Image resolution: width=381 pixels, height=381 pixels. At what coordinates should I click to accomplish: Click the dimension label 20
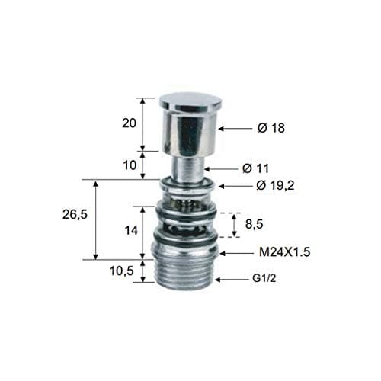point(130,123)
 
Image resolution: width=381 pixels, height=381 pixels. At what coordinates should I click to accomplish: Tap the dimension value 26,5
point(75,215)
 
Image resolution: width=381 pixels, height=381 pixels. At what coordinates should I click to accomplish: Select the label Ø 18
point(271,128)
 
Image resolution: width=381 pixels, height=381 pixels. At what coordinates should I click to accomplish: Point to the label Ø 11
point(255,168)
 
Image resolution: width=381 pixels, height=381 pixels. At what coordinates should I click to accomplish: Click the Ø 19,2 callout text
point(275,186)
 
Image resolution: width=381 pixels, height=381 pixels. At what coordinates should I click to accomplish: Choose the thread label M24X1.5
point(285,252)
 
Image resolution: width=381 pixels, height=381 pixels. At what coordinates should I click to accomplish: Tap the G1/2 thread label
point(264,279)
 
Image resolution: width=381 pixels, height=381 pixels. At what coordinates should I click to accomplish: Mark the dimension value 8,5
point(254,224)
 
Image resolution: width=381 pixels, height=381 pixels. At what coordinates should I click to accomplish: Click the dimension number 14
point(131,230)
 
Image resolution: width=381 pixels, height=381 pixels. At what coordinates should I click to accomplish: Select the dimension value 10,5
point(121,271)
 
